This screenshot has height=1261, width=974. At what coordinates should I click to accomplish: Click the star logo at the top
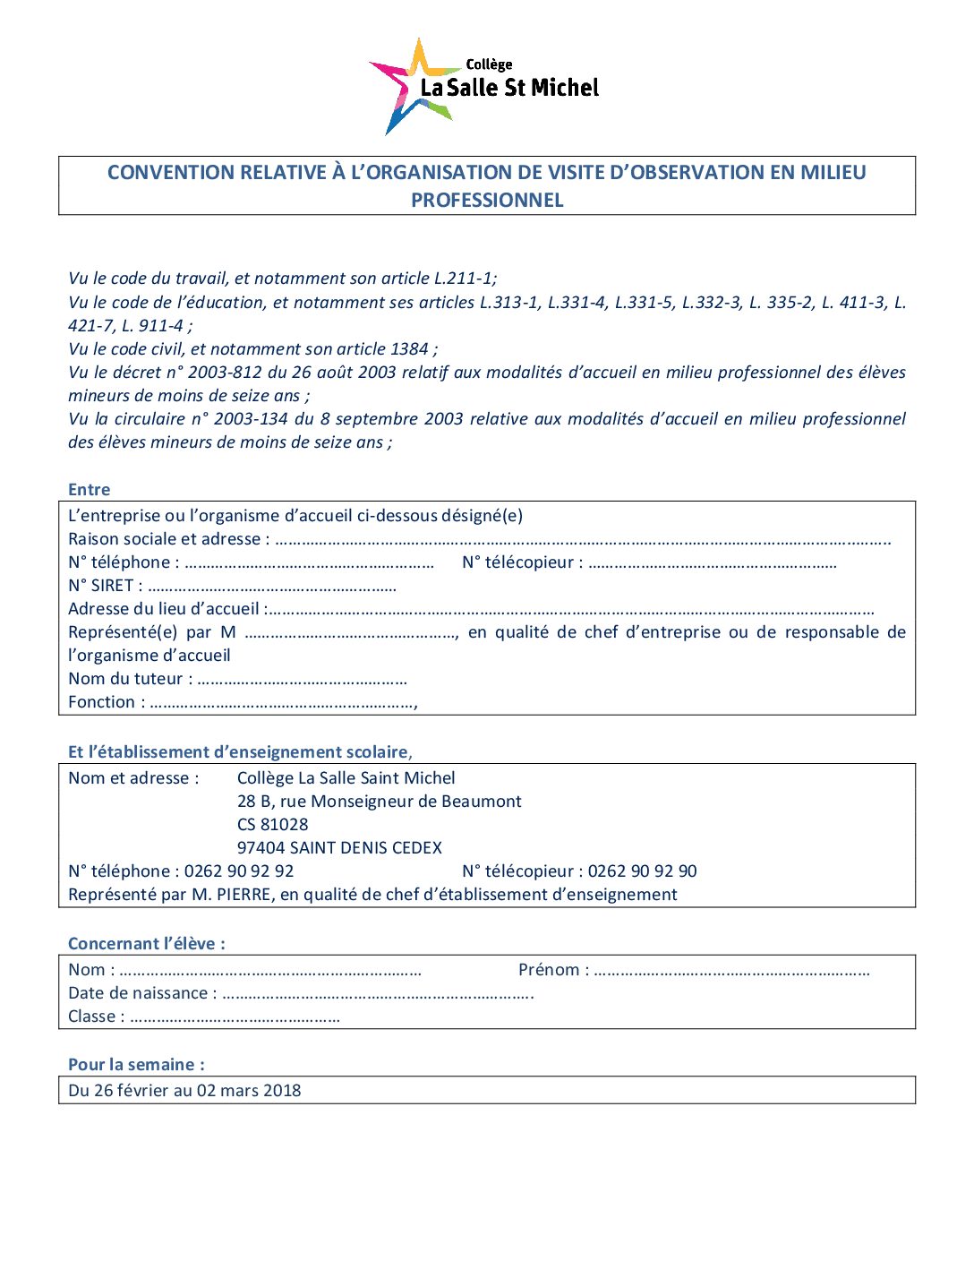point(411,86)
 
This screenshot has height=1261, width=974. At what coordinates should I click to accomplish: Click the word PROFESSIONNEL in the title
point(487,200)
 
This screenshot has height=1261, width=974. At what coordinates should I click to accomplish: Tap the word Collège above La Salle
point(489,64)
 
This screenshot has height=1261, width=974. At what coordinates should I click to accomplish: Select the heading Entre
point(89,490)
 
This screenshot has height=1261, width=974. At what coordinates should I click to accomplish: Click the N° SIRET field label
point(101,586)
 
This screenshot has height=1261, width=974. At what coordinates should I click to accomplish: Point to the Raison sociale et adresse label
point(164,539)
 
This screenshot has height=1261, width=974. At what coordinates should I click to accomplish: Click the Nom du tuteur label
point(125,679)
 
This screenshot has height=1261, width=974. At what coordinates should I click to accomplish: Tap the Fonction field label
point(101,702)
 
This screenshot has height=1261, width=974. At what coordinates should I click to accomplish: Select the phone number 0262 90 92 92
point(239,871)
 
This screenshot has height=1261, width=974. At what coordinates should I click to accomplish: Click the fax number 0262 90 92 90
point(643,871)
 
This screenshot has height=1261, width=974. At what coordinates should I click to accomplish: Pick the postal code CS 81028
point(272,825)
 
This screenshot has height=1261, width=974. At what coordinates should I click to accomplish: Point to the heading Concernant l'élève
point(146,944)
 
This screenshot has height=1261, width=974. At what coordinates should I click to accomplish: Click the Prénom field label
point(549,970)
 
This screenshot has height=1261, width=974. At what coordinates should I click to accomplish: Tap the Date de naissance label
point(138,993)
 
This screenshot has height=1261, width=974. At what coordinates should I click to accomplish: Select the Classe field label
point(92,1017)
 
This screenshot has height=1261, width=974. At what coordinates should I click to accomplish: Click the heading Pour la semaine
point(136,1065)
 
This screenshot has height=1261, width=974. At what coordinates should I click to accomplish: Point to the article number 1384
point(409,349)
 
